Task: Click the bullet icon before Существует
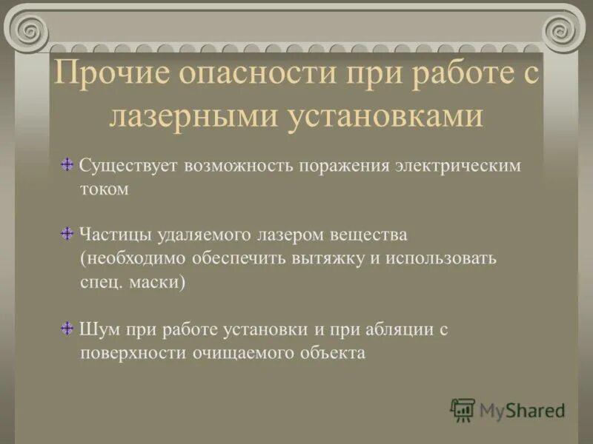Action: (67, 164)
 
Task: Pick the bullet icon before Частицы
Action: (67, 234)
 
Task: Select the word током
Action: (105, 189)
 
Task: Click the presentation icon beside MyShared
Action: (463, 409)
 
